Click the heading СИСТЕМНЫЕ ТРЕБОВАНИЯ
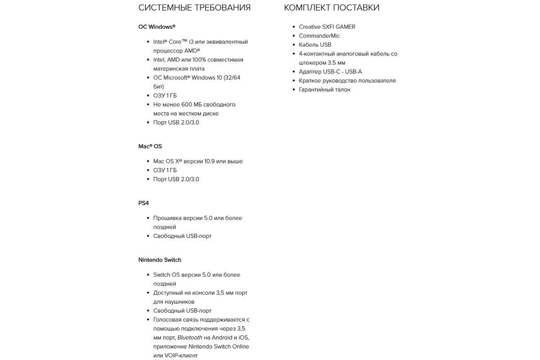point(194,8)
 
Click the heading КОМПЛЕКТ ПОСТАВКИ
point(332,8)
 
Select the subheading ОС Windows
point(157,27)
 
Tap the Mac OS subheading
point(150,146)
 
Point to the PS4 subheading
point(144,203)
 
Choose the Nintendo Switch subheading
point(160,260)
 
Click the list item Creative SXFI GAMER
point(327,27)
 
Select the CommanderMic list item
point(319,36)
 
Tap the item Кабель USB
point(315,45)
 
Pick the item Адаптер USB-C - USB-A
point(330,72)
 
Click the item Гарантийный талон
point(324,90)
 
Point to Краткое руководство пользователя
point(347,81)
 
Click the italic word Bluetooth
point(189,338)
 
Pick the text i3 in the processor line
point(191,42)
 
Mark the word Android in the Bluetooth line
point(223,338)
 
